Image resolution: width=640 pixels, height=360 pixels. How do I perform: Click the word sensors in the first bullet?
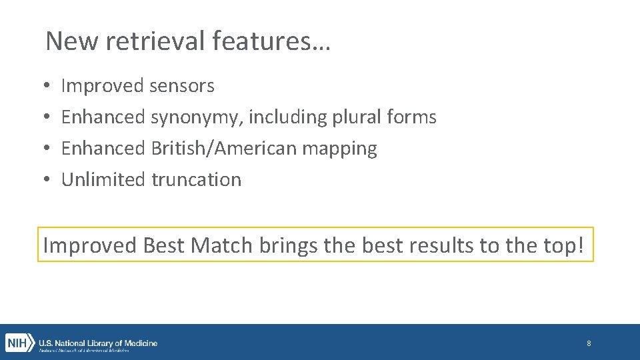pos(182,86)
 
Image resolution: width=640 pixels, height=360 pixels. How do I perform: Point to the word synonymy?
pos(197,117)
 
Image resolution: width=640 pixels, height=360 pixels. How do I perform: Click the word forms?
pos(411,117)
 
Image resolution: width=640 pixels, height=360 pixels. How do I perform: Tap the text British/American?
pos(224,148)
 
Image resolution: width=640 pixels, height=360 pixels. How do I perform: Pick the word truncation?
pos(196,179)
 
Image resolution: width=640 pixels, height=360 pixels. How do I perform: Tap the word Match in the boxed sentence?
pos(221,245)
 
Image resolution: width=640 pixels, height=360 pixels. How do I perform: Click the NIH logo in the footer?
pos(19,343)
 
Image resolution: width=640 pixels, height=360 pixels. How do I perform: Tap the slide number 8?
pos(589,343)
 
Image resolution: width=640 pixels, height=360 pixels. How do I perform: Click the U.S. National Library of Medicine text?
pos(98,343)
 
